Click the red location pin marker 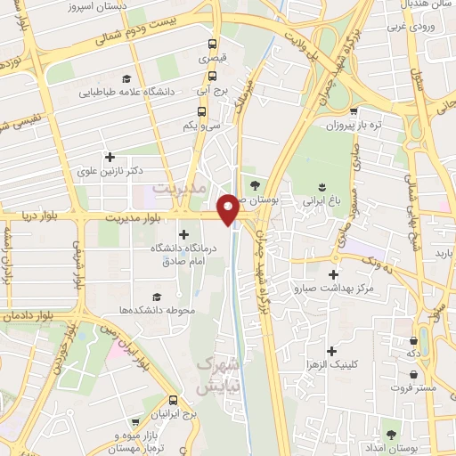click(229, 209)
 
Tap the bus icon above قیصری click(211, 44)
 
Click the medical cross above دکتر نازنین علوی click(110, 157)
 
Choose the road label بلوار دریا click(41, 216)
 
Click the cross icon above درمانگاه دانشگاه click(183, 234)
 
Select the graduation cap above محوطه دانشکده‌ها click(157, 297)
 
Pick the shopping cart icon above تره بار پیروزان click(354, 111)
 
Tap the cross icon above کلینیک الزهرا click(333, 352)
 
